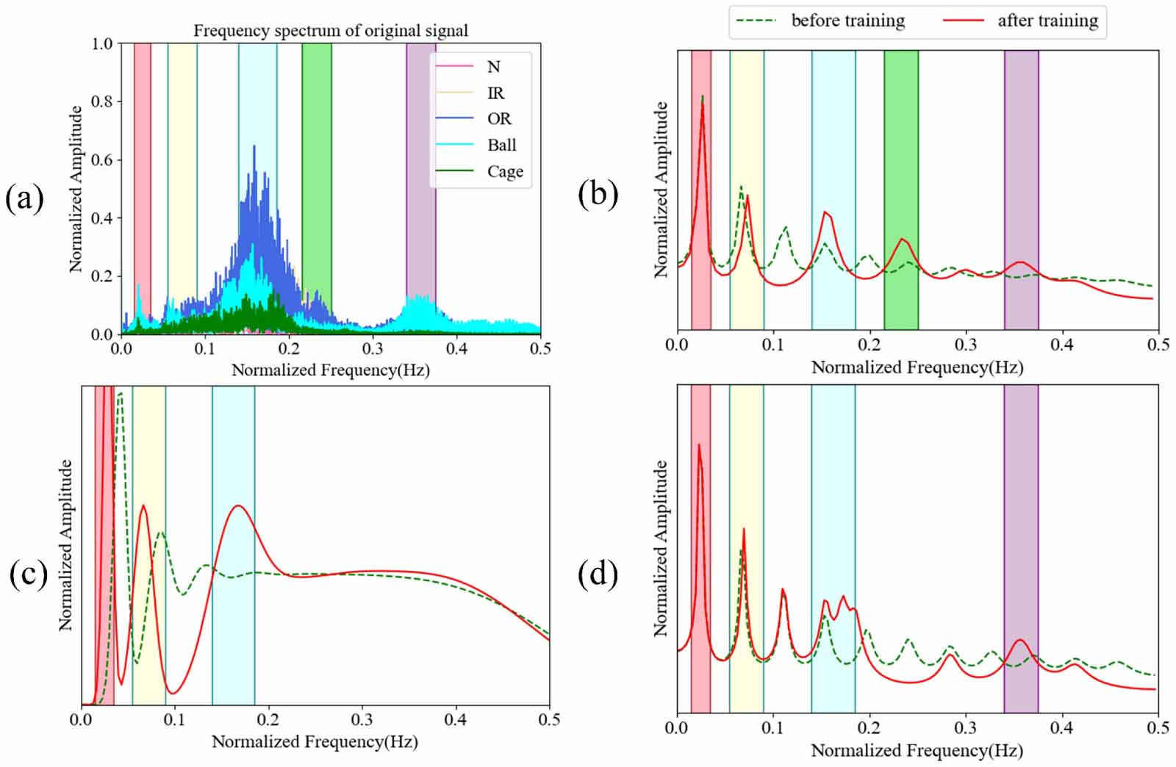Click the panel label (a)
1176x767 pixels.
coord(24,199)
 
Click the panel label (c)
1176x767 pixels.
coord(29,574)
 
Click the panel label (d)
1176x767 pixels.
coord(598,574)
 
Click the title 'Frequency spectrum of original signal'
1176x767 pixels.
coord(331,31)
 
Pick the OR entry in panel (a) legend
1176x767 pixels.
coord(498,119)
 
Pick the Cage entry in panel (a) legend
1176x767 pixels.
coord(504,172)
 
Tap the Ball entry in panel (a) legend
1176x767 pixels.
coord(501,145)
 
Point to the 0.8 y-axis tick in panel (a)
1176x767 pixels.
coord(101,101)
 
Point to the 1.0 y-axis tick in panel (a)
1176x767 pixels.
coord(101,43)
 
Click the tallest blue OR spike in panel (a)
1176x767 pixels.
coord(254,147)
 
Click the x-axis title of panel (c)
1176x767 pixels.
coord(315,742)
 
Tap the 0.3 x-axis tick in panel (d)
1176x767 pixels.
coord(965,727)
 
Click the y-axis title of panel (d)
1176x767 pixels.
coord(660,548)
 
